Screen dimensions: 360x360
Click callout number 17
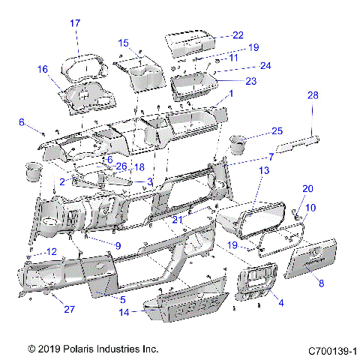[75, 23]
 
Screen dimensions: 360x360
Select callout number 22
[238, 35]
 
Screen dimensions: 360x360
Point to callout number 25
[277, 131]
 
